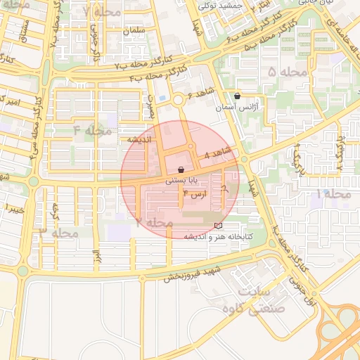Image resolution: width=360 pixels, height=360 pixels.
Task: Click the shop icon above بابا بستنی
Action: coord(181,169)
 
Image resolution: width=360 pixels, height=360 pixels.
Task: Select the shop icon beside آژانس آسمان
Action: coord(237,96)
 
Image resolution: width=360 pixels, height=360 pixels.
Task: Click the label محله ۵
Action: coord(288,72)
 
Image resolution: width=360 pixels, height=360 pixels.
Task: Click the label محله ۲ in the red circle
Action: coord(154,222)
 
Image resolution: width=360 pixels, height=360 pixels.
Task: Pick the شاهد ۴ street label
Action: coord(216,153)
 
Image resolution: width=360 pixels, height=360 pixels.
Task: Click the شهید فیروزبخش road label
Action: coord(193,273)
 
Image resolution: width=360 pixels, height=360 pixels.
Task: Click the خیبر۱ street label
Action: coord(14,209)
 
